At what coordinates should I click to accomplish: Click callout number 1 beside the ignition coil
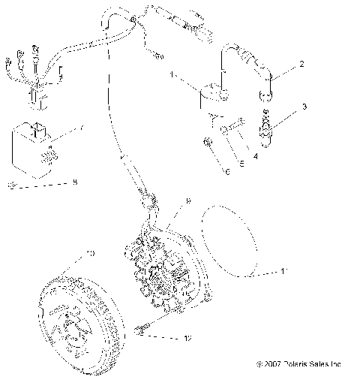pos(172,75)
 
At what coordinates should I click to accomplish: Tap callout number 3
pos(304,107)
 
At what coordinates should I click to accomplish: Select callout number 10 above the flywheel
pos(90,254)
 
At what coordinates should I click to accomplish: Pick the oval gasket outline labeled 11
pos(232,240)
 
